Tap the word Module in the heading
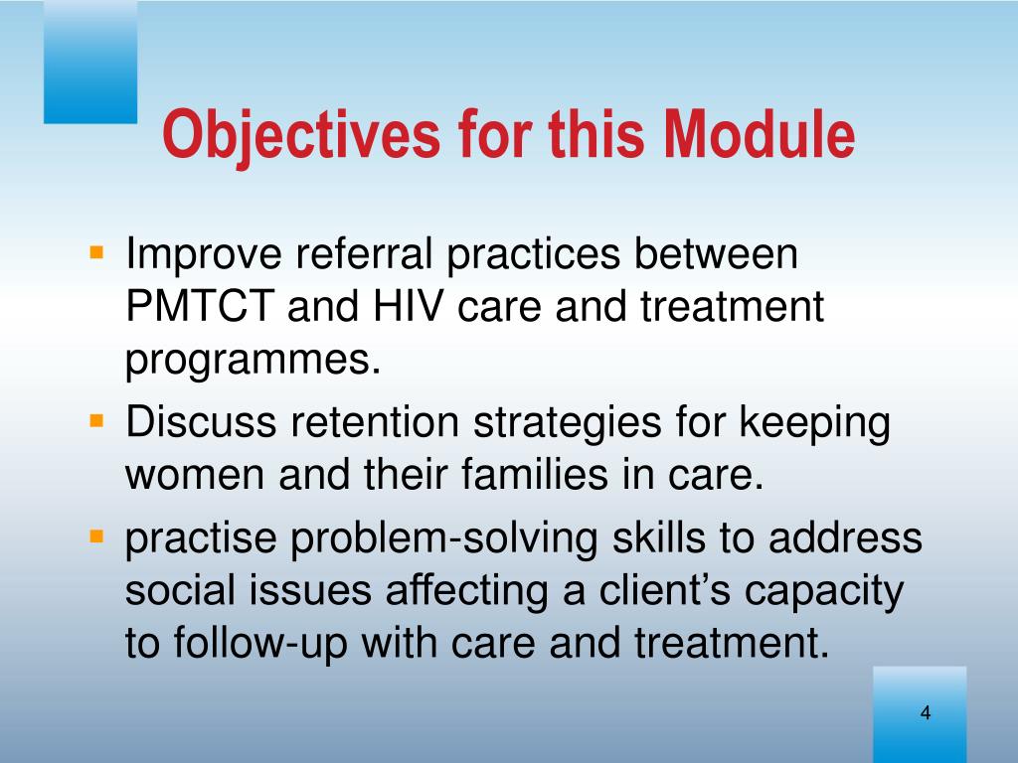tap(759, 134)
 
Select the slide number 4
tap(926, 712)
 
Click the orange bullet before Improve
tap(96, 251)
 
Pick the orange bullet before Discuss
tap(96, 421)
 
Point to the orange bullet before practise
tap(96, 536)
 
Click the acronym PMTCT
tap(200, 306)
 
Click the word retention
tap(375, 421)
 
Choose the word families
tap(535, 474)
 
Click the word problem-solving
tap(443, 539)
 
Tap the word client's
tap(664, 590)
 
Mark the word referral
tap(364, 253)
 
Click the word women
tap(195, 475)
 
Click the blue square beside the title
tap(90, 62)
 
